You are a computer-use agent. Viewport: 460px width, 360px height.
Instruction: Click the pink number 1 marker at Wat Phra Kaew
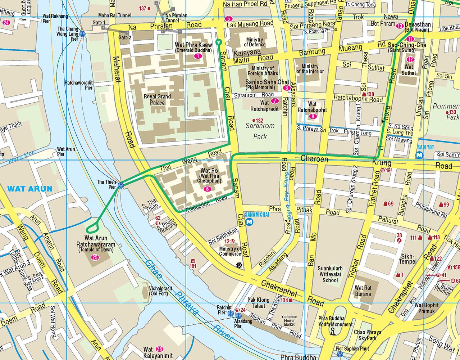coord(197,56)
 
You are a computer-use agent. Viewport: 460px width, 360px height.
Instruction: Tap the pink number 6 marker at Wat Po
coord(207,189)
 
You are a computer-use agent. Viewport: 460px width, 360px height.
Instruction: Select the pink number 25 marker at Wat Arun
coord(95,257)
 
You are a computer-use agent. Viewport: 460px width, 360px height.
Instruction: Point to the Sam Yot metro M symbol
coord(419,156)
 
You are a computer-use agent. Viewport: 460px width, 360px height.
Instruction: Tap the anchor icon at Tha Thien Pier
coord(121,185)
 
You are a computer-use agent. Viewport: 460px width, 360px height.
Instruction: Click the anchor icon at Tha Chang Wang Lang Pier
coord(82,33)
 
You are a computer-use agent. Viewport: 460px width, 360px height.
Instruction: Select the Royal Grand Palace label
coord(157,100)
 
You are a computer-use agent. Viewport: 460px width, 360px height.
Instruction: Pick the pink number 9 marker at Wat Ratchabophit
coord(312,116)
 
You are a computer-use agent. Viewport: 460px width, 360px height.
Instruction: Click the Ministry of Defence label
coord(255,42)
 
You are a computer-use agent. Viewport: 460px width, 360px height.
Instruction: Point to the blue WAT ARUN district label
coord(30,188)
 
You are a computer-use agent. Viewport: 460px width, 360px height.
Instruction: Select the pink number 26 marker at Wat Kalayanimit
coord(160,348)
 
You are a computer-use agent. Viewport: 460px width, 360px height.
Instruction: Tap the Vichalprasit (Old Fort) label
coord(161,291)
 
